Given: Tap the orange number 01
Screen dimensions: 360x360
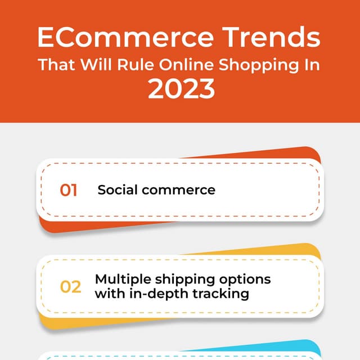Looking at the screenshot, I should (x=69, y=190).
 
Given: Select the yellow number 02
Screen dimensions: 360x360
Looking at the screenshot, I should (x=71, y=287).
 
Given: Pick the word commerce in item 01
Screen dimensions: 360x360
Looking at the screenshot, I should (x=178, y=190).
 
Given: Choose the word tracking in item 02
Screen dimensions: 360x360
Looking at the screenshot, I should (x=220, y=294).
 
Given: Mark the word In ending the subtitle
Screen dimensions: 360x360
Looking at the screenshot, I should (x=313, y=64).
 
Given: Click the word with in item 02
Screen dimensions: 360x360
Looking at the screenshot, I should (x=108, y=294).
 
